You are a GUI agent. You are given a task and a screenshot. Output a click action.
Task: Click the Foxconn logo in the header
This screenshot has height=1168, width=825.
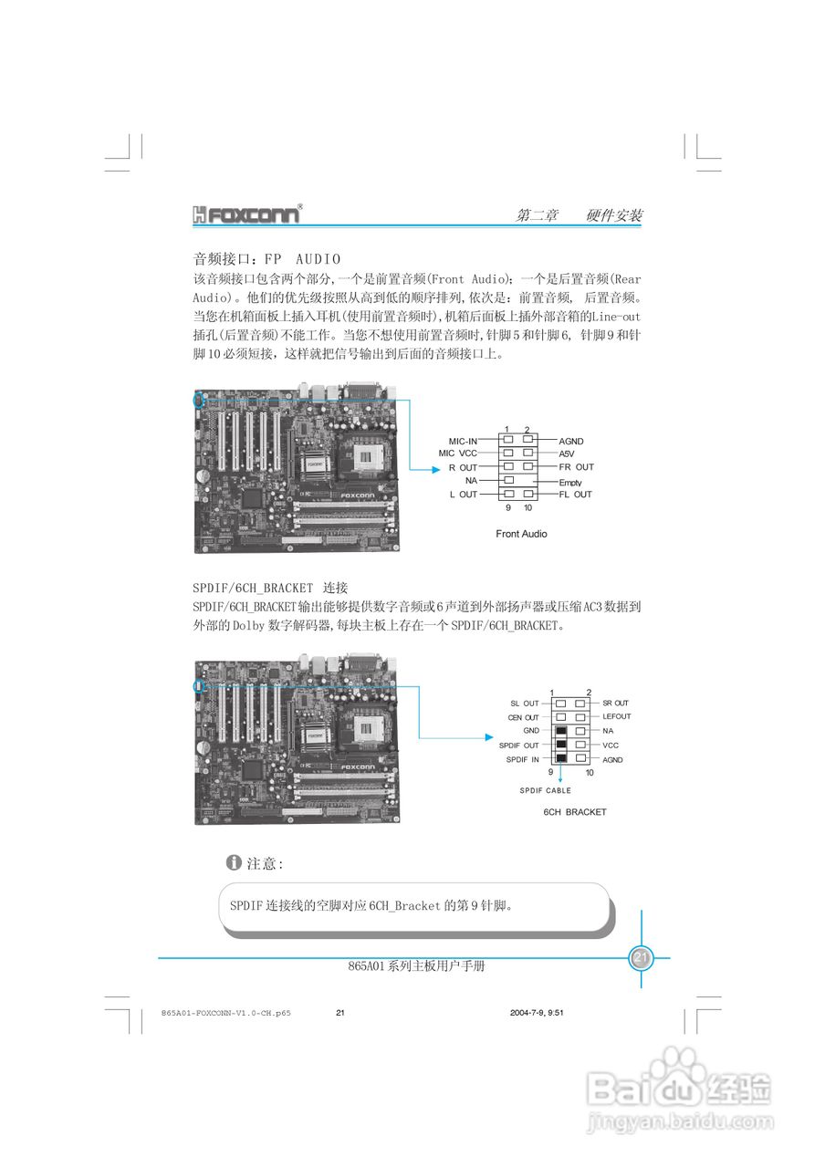coord(246,215)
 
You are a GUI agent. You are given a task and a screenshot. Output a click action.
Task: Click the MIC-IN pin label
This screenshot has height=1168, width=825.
coord(463,441)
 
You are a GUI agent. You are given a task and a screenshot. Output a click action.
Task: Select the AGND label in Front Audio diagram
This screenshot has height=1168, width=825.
coord(571,441)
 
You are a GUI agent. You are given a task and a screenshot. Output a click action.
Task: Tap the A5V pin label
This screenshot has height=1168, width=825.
coord(568,454)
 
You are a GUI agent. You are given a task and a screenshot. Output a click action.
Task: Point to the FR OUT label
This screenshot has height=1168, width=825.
coord(576,467)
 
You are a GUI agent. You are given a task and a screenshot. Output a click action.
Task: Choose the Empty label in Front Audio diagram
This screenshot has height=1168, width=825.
coord(570,482)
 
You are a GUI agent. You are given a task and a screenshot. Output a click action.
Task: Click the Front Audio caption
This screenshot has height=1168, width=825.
coord(521,534)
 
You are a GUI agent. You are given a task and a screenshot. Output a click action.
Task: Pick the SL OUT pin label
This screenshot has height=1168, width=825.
coord(524,704)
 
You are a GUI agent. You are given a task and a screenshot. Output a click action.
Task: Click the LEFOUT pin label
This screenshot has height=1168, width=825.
coord(617,716)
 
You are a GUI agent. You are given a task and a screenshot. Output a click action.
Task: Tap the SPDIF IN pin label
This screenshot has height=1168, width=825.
coord(522,759)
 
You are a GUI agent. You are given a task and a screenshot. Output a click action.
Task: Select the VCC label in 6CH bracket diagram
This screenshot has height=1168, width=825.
coord(611,746)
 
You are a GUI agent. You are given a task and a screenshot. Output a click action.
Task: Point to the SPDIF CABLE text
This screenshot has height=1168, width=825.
coord(545,790)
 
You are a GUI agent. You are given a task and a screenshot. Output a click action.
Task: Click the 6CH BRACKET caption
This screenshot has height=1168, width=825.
coord(575,811)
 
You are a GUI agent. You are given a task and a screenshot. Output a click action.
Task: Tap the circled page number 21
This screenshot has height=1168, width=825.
coord(640,958)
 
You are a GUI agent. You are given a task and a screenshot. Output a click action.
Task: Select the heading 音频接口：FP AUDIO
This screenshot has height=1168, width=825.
coord(266,260)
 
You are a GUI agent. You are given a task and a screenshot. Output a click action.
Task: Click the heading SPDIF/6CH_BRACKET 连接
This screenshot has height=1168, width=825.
coord(269,587)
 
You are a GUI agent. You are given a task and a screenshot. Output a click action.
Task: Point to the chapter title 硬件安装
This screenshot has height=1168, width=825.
coord(614,216)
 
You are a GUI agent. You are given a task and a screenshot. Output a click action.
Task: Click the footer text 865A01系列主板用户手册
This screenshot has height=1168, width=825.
coord(416,965)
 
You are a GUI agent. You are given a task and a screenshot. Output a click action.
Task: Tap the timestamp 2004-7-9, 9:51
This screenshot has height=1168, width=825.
coord(537,1013)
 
